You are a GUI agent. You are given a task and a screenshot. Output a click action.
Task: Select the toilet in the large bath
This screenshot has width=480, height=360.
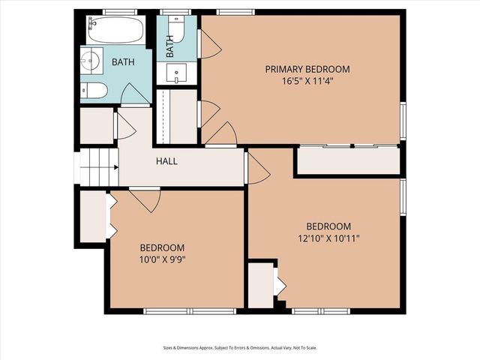94,91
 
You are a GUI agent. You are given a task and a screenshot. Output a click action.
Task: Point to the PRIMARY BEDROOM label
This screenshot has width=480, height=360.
307,69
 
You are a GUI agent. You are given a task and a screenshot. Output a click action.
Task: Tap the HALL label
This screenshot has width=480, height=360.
166,161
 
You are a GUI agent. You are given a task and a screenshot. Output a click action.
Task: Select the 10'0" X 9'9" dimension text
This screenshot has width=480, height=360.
162,259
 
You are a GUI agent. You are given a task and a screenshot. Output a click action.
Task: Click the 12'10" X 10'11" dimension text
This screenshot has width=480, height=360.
328,238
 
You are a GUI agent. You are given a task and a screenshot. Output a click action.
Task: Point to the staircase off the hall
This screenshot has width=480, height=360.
98,166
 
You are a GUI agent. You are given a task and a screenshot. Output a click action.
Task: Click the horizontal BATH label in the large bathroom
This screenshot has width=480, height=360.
124,62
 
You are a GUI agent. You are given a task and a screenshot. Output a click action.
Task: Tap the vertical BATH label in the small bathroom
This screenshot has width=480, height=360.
170,47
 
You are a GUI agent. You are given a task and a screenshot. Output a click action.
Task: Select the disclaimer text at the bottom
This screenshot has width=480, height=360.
239,347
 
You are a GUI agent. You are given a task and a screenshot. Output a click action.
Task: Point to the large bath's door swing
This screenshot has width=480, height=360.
135,95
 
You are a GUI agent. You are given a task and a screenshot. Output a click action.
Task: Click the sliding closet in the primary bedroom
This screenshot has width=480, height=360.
348,160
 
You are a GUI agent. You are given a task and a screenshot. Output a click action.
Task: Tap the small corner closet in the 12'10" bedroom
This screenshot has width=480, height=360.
262,284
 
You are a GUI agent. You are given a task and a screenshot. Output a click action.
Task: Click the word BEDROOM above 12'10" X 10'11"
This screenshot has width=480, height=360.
328,226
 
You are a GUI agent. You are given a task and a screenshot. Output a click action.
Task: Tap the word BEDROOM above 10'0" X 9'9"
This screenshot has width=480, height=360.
162,247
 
